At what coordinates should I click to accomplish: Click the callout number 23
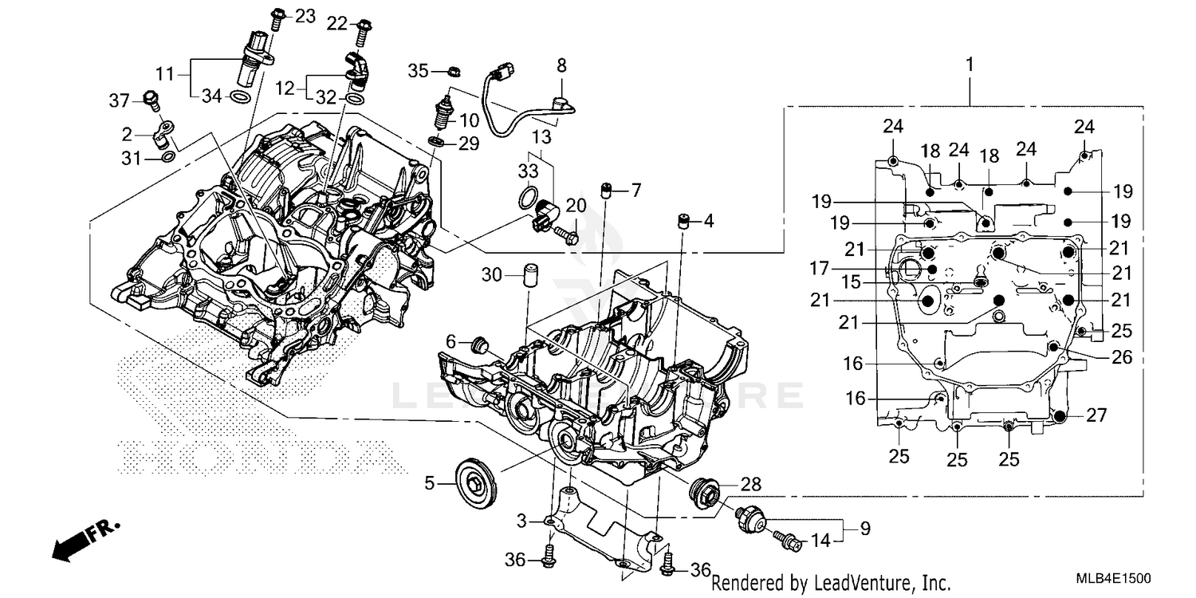tap(305, 15)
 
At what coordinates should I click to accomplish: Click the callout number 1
tap(970, 64)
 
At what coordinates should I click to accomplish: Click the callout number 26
tap(1122, 359)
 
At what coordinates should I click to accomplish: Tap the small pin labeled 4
tap(683, 220)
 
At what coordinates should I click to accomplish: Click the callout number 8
tap(561, 64)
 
